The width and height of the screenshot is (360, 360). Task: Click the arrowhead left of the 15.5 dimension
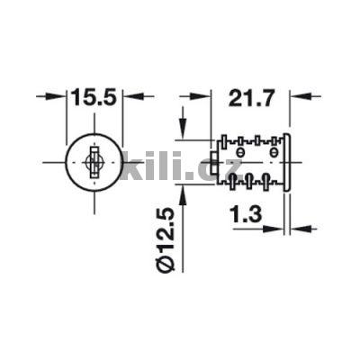61,96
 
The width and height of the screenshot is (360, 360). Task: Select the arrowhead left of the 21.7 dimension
203,95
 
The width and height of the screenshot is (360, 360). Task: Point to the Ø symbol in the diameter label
163,264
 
